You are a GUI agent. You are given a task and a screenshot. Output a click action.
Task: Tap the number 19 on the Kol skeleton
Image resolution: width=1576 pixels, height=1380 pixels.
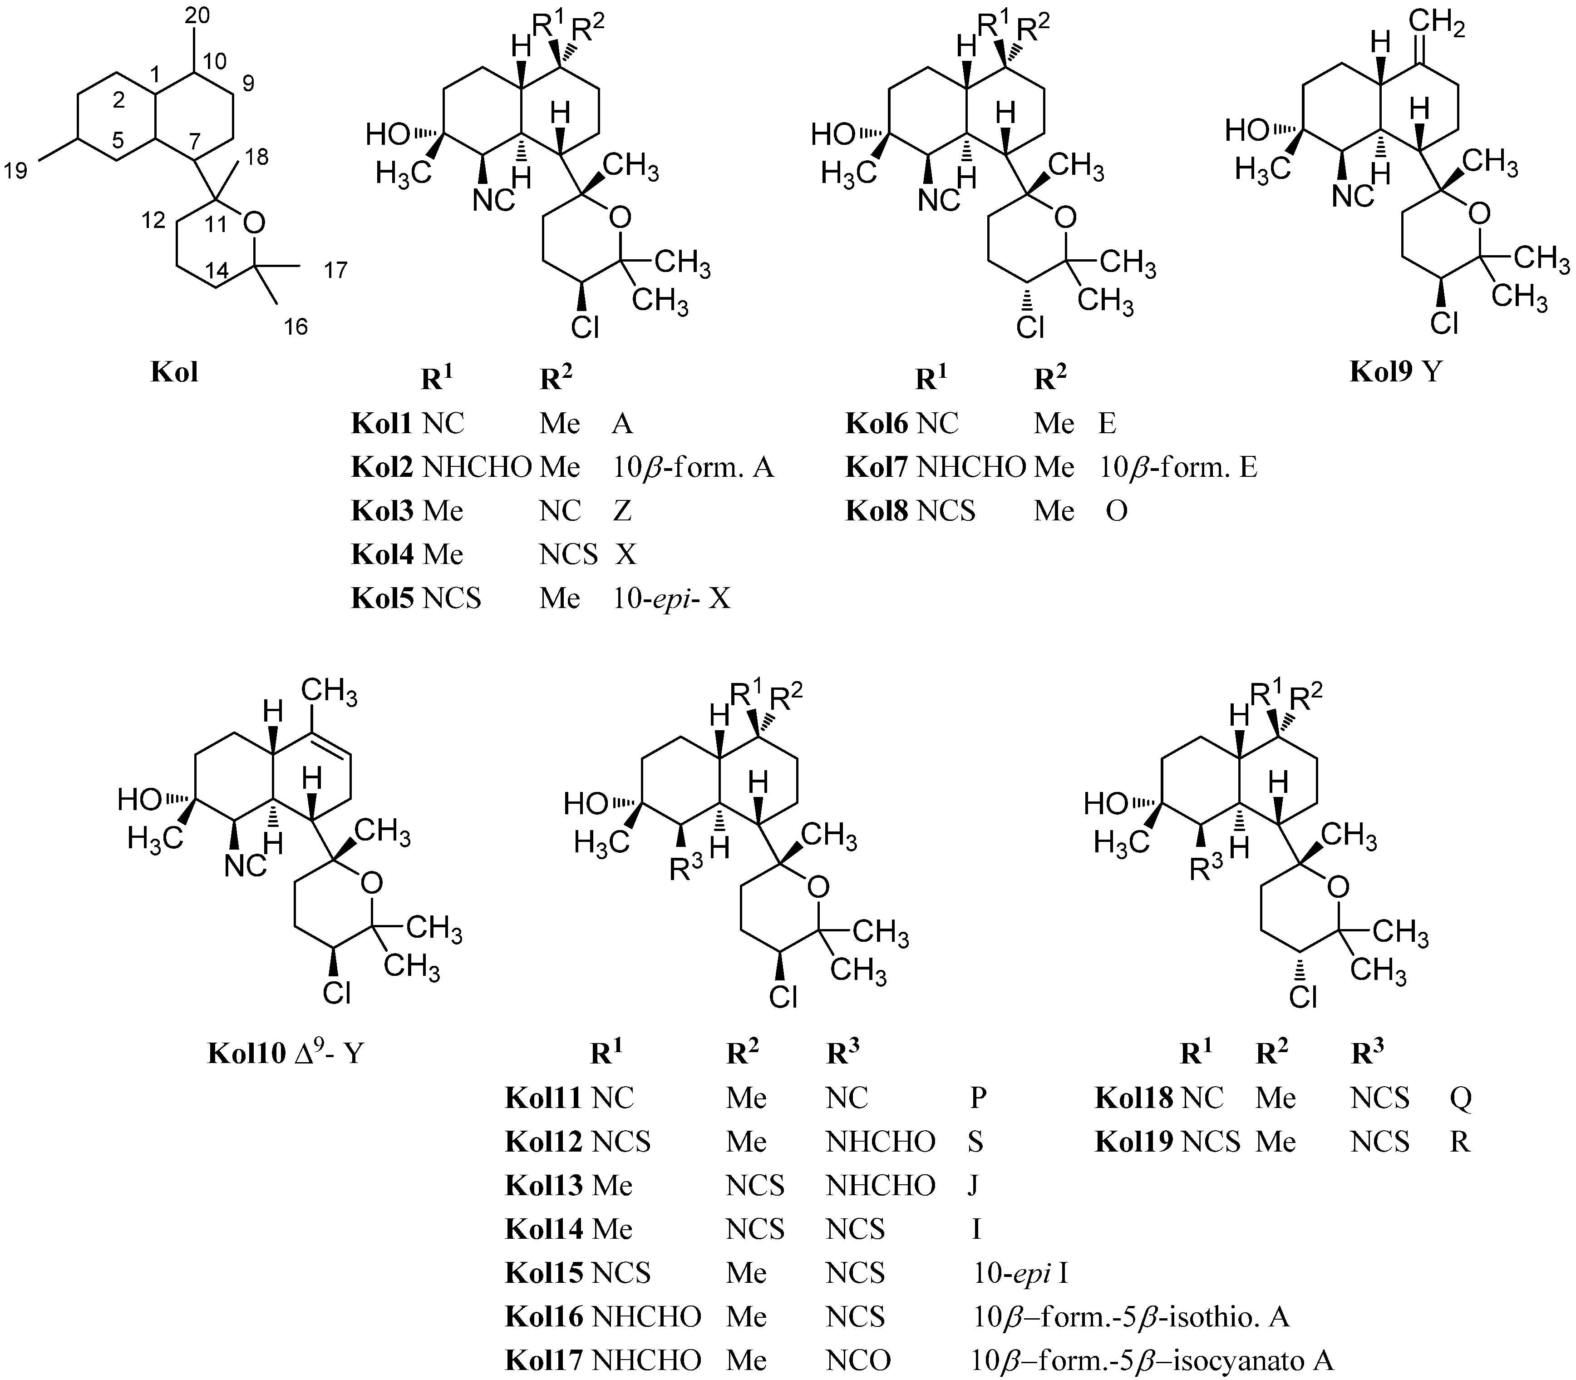tap(16, 170)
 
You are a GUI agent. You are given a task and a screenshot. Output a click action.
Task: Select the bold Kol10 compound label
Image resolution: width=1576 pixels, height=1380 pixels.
tap(246, 1053)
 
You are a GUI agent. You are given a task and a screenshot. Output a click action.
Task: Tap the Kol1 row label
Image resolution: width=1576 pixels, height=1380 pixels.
tap(384, 424)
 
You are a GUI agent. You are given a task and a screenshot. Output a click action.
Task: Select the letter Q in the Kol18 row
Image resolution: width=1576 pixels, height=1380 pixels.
tap(1461, 1098)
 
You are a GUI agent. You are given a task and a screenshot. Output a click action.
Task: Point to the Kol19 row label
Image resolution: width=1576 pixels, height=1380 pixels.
tap(1134, 1141)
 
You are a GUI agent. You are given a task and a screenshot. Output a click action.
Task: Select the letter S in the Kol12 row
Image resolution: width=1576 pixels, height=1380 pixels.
tap(975, 1141)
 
